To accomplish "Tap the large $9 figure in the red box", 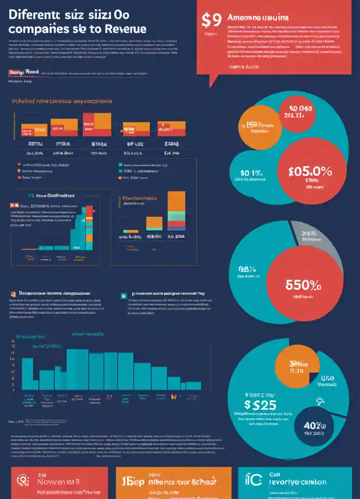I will pos(211,20).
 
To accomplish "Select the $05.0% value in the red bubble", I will pos(310,171).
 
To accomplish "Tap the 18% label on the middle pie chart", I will pos(246,269).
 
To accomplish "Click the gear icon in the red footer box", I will pos(23,480).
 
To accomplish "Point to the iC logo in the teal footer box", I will pos(253,480).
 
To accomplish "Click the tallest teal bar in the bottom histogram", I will pos(77,368).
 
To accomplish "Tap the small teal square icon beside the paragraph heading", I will pos(124,296).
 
